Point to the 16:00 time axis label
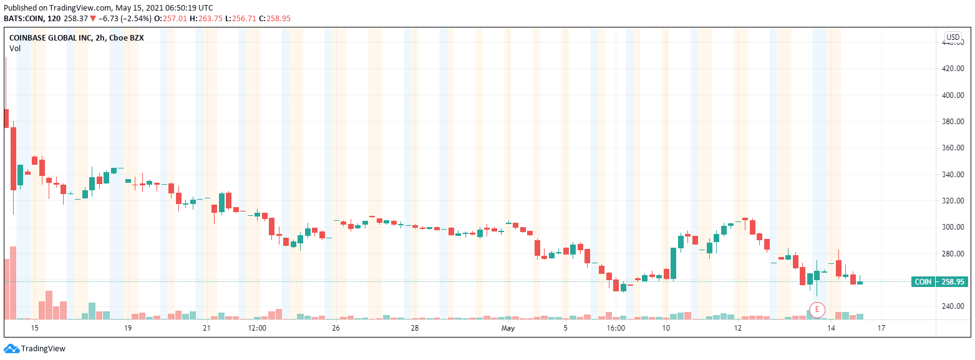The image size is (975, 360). pyautogui.click(x=615, y=328)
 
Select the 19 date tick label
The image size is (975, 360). pyautogui.click(x=128, y=328)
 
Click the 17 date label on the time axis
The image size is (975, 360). pyautogui.click(x=881, y=328)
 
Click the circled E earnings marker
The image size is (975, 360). pyautogui.click(x=817, y=309)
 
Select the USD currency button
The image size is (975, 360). pyautogui.click(x=953, y=37)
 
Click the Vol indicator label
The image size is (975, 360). pyautogui.click(x=15, y=48)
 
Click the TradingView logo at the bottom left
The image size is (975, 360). pyautogui.click(x=35, y=349)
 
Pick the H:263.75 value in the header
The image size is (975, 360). pyautogui.click(x=225, y=19)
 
